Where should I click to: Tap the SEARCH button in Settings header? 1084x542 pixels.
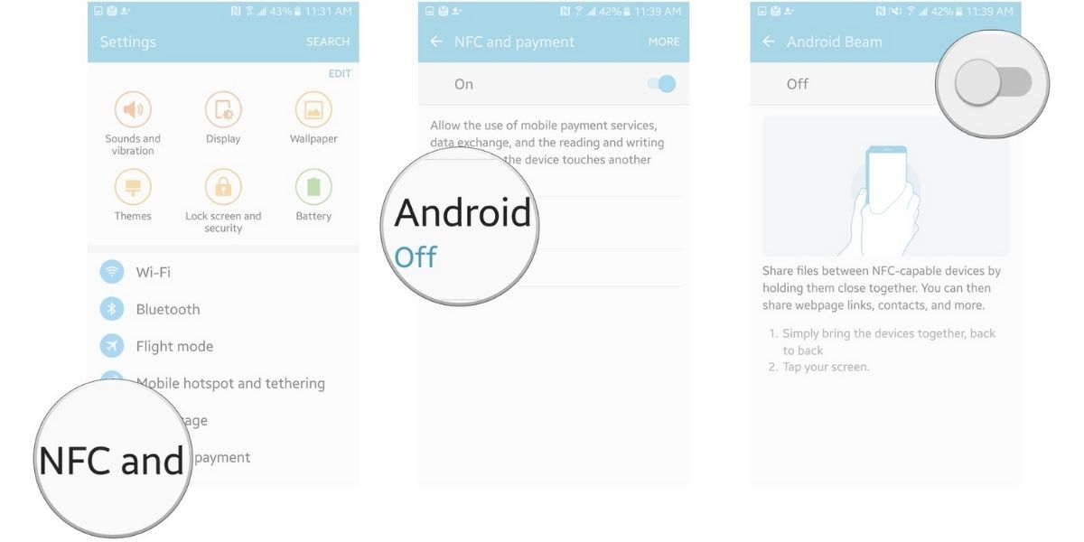327,42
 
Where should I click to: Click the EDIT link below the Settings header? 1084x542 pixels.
340,73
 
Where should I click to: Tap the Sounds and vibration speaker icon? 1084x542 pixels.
133,110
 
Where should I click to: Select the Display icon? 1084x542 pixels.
223,110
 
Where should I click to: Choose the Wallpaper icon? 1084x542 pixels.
313,110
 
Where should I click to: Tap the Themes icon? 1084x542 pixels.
133,188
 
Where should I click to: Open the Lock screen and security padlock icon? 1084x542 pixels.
223,188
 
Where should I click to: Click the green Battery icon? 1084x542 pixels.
313,188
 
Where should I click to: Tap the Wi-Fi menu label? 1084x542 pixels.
153,272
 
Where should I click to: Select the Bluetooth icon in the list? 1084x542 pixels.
112,309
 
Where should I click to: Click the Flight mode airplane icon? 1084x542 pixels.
112,346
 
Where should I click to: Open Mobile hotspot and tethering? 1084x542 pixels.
230,383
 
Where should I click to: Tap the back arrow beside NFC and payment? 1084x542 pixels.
436,42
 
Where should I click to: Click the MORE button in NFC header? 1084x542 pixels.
664,42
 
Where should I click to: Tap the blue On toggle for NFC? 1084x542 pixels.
662,84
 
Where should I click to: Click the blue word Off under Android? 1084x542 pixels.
416,257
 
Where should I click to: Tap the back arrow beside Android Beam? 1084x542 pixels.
769,42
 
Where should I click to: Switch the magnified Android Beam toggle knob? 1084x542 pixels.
978,84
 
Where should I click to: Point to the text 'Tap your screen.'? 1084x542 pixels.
826,367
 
